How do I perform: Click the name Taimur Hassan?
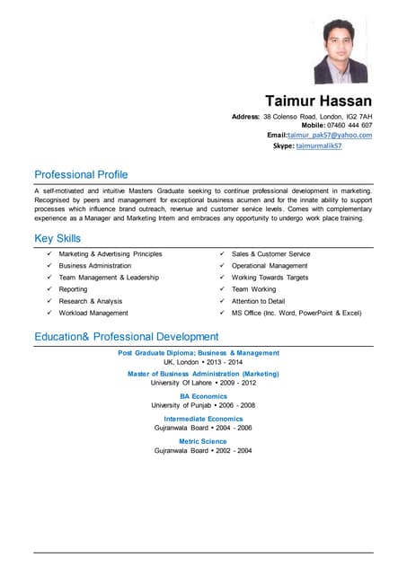[318, 101]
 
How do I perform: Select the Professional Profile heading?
[81, 174]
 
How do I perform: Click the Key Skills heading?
[58, 239]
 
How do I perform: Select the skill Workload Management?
[93, 313]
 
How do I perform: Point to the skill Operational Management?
[270, 266]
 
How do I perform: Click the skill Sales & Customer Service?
[270, 254]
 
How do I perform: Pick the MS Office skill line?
[296, 313]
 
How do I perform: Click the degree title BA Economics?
[203, 396]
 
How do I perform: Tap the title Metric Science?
[203, 441]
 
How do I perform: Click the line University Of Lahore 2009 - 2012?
[203, 383]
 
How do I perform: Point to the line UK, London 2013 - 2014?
[203, 362]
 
